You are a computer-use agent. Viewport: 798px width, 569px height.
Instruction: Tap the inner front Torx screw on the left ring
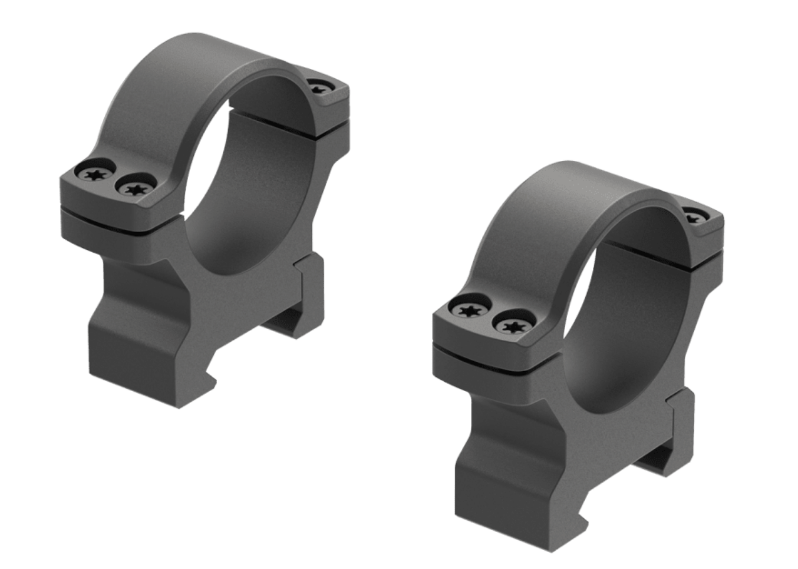(x=136, y=188)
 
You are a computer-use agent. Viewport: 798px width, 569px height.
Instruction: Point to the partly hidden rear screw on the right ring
(x=695, y=217)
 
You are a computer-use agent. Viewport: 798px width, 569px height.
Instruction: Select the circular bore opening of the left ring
(x=248, y=177)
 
